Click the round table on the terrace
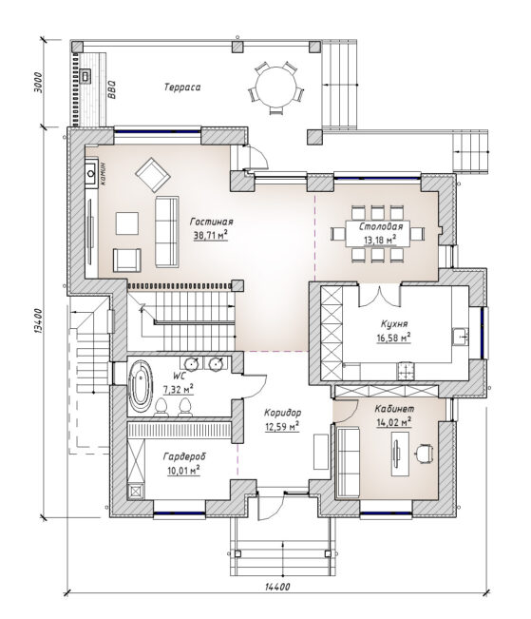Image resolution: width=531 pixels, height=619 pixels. pos(275,87)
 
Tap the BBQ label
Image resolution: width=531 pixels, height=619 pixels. pos(112,89)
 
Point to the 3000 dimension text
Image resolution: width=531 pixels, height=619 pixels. pos(37,82)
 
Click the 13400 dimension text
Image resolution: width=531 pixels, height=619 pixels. pos(37,321)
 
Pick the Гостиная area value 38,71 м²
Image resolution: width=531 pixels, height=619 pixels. pos(211,236)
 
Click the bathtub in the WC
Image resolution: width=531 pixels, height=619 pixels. pos(141,386)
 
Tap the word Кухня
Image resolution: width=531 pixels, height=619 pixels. pos(394,324)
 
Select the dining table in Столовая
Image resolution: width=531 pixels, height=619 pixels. pos(377,233)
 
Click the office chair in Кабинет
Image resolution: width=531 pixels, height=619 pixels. pos(425,452)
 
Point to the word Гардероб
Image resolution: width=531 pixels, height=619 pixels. pos(184,456)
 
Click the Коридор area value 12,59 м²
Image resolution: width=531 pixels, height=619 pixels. pos(282,426)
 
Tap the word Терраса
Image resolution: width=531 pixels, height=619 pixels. pos(182,87)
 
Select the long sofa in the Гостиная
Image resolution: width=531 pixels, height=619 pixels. pos(167,232)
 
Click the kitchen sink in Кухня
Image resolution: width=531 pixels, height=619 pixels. pos(460,337)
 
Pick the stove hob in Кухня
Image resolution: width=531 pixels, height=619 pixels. pos(406,371)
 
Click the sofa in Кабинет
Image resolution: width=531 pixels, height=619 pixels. pos(348,462)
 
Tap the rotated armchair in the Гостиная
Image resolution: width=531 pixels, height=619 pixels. pos(153,175)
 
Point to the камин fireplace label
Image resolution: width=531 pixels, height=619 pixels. pos(103,174)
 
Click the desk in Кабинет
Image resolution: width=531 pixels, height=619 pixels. pos(400,454)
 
